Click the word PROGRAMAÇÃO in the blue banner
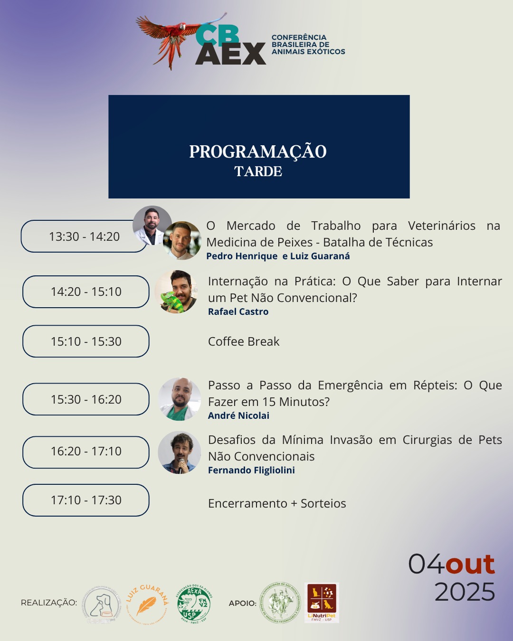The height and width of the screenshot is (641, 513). click(x=258, y=152)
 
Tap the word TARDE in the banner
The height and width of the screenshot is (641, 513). click(x=258, y=171)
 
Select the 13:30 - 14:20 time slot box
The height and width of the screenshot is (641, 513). click(x=84, y=236)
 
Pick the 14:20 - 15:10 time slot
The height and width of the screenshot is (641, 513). click(x=86, y=292)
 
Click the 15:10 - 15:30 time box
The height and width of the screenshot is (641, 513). click(x=86, y=341)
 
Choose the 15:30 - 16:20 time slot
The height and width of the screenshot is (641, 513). click(x=86, y=399)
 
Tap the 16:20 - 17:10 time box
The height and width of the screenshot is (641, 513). click(x=86, y=451)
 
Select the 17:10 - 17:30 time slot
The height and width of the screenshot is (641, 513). click(x=86, y=500)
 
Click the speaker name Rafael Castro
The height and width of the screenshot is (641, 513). click(x=238, y=312)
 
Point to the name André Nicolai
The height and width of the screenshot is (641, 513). click(x=238, y=416)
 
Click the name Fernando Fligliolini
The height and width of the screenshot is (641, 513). click(x=251, y=471)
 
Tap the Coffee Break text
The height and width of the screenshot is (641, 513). click(x=244, y=342)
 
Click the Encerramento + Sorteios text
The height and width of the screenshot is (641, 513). click(x=277, y=504)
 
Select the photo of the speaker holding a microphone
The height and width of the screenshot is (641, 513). click(x=179, y=452)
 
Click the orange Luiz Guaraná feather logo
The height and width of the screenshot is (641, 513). click(x=147, y=604)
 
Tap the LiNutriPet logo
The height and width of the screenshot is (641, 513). click(x=322, y=602)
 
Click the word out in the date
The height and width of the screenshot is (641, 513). click(x=470, y=564)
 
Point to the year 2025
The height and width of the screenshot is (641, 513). click(x=465, y=592)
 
